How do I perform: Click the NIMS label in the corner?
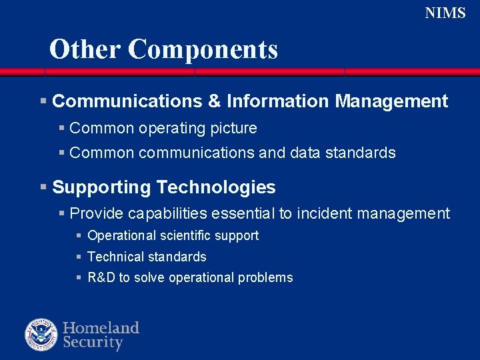pos(445,13)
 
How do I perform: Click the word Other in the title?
pos(85,49)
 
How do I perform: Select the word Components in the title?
pos(203,50)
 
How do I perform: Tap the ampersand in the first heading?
pos(214,101)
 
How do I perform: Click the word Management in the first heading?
pos(391,101)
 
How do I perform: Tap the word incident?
pos(325,213)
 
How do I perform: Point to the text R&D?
pos(101,278)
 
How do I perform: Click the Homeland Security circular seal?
pos(41,335)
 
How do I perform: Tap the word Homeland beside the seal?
pos(101,327)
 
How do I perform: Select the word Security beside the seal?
pos(93,343)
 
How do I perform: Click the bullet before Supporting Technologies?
pos(43,187)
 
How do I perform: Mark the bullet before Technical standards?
pos(79,257)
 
